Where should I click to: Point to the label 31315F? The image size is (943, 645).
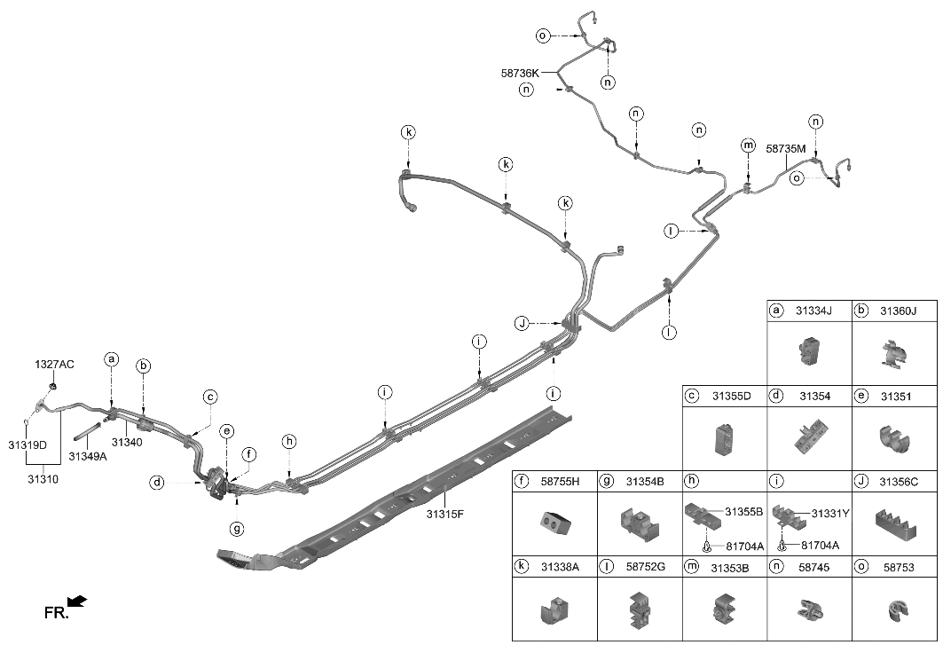445,513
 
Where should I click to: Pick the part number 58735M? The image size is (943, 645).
785,150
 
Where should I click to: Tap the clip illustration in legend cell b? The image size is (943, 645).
892,355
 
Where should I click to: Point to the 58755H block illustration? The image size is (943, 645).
553,523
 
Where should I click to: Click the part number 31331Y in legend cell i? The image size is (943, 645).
831,513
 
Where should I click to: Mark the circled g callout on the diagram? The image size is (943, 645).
237,529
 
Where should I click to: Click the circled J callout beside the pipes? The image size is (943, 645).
523,323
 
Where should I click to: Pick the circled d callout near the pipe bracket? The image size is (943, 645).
157,483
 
